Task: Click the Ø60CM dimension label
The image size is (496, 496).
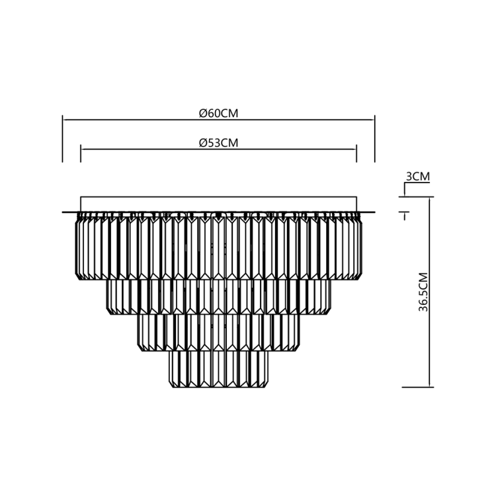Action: (218, 113)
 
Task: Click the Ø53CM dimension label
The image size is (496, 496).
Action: (218, 143)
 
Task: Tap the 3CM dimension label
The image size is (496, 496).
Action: (417, 177)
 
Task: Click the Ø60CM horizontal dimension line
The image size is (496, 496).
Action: (132, 120)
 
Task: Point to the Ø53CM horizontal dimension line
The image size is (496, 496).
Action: (145, 149)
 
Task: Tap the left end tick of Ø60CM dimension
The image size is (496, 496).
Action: (62, 139)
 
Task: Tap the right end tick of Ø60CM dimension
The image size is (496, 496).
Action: (374, 139)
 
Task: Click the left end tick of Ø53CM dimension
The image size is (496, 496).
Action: (81, 154)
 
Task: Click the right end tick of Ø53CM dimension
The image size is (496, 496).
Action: (356, 154)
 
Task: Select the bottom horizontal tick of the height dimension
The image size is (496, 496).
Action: (417, 387)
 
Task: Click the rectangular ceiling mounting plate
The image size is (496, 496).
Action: (218, 204)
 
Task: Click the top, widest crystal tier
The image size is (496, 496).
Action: (218, 248)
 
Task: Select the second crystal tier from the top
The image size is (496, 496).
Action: (218, 296)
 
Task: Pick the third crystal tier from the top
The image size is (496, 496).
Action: (218, 332)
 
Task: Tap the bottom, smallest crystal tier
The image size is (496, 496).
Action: (218, 368)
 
